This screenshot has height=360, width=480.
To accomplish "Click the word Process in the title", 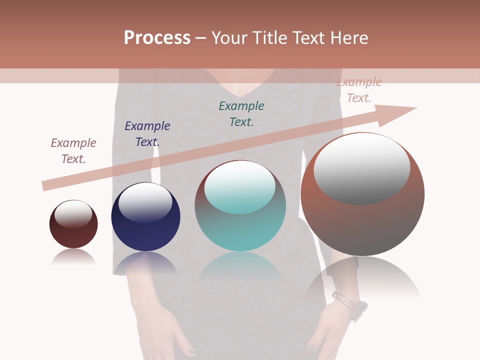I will (x=157, y=38).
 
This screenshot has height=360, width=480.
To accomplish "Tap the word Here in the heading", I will (x=349, y=38).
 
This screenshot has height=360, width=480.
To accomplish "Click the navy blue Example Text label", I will (x=147, y=134).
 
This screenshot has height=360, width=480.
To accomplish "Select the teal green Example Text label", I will (x=241, y=114).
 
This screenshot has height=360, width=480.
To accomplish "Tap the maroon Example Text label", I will (x=73, y=151).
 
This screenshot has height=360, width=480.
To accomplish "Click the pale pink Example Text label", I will (x=359, y=90).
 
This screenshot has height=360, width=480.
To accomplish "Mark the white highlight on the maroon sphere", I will (x=73, y=213).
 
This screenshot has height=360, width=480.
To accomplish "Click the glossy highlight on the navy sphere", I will (x=145, y=202).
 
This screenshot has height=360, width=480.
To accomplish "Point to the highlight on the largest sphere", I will (x=361, y=168).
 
